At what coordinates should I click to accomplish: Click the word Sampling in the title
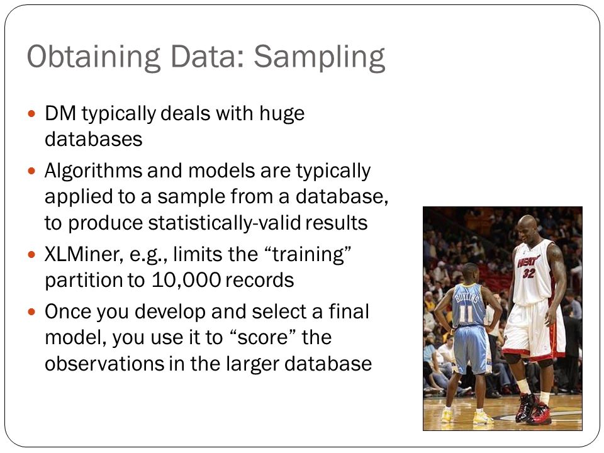point(320,57)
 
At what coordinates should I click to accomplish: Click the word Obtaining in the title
point(94,57)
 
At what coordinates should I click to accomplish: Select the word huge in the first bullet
point(282,115)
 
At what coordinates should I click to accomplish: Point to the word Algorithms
point(93,171)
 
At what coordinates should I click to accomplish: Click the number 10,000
point(186,280)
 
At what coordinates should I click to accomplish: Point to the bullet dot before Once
point(31,311)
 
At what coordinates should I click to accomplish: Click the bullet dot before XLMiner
point(31,254)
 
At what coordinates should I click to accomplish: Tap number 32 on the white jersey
point(529,273)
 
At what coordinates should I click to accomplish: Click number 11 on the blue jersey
point(467,313)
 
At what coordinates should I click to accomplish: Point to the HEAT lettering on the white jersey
point(527,261)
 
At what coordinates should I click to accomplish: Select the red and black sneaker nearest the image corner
point(540,413)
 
